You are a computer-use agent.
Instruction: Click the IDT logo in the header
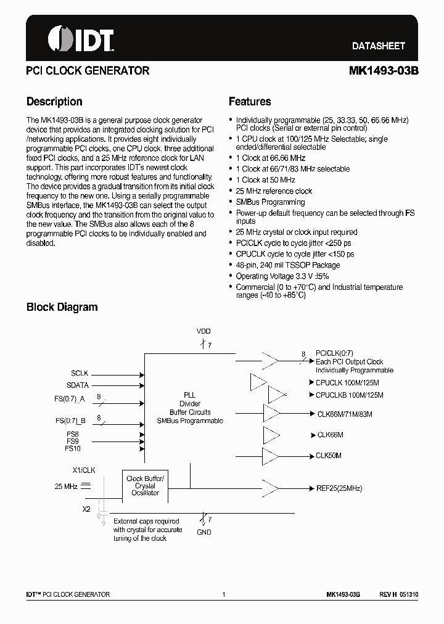tap(80, 39)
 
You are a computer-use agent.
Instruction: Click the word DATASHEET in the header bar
tap(378, 46)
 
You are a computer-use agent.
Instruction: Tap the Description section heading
tap(54, 102)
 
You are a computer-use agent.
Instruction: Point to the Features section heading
tap(249, 102)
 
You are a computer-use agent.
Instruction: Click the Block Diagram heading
tap(62, 307)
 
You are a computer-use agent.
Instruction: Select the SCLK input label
tap(80, 374)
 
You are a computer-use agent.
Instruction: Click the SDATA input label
tap(78, 385)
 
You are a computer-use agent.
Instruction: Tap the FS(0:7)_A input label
tap(70, 400)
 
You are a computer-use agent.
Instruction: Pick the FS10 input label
tap(73, 448)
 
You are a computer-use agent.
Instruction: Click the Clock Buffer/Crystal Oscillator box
tap(146, 485)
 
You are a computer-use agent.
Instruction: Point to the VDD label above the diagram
tap(203, 332)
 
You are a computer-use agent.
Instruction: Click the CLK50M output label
tap(329, 456)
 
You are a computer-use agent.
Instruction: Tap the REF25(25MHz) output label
tap(339, 488)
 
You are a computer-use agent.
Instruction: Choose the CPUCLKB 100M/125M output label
tap(349, 395)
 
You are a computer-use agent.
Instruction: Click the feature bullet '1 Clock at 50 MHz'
tap(265, 180)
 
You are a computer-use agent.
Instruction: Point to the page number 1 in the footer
tap(223, 594)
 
